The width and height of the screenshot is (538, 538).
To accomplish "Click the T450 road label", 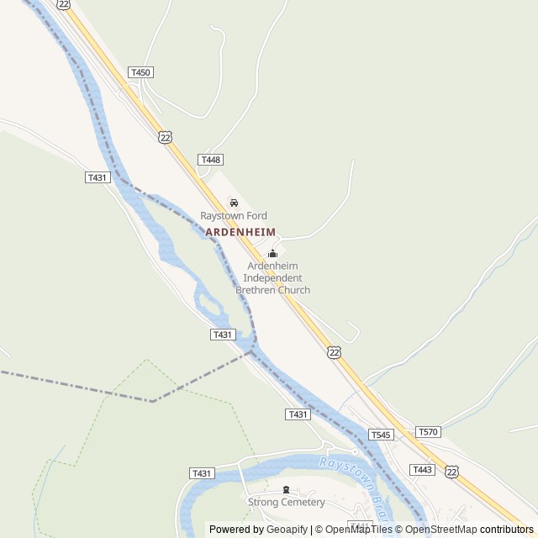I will [140, 73].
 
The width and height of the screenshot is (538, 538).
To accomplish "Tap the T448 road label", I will [210, 160].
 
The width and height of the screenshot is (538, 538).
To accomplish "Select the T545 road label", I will [380, 435].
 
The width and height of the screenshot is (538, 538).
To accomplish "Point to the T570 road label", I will [428, 431].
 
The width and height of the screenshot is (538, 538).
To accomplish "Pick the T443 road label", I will [422, 469].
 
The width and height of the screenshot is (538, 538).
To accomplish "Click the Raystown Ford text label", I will [233, 216].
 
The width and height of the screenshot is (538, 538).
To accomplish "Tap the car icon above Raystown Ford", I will [234, 203].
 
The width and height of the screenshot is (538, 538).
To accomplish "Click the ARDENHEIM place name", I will [240, 231].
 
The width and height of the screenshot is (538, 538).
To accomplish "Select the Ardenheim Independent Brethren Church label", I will [272, 278].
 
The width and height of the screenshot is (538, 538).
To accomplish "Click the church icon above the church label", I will [272, 254].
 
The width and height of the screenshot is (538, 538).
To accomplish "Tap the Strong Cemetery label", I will [286, 503].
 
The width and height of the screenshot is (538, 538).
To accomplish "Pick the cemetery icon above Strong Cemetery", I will [286, 490].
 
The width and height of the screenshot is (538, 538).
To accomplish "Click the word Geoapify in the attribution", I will [287, 530].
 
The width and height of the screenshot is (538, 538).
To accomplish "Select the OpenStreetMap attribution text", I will [441, 530].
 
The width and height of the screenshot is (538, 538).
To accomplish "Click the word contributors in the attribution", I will [507, 530].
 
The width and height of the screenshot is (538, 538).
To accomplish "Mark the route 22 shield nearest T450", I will [165, 137].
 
